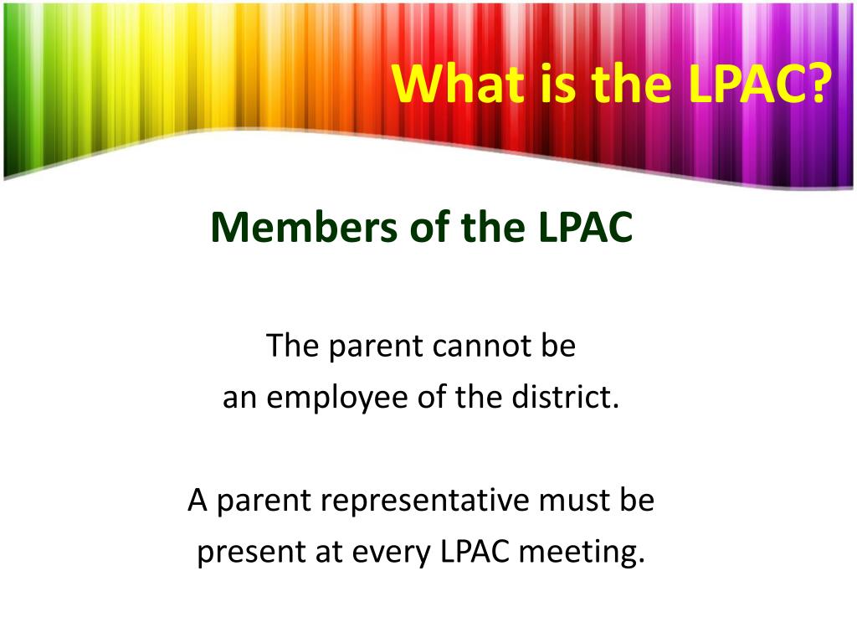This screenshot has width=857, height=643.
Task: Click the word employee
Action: tap(337, 398)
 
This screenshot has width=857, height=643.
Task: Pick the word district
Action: tap(566, 396)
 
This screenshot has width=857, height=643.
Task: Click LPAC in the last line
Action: tap(475, 551)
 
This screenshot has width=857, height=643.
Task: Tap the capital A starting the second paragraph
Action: tap(198, 501)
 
